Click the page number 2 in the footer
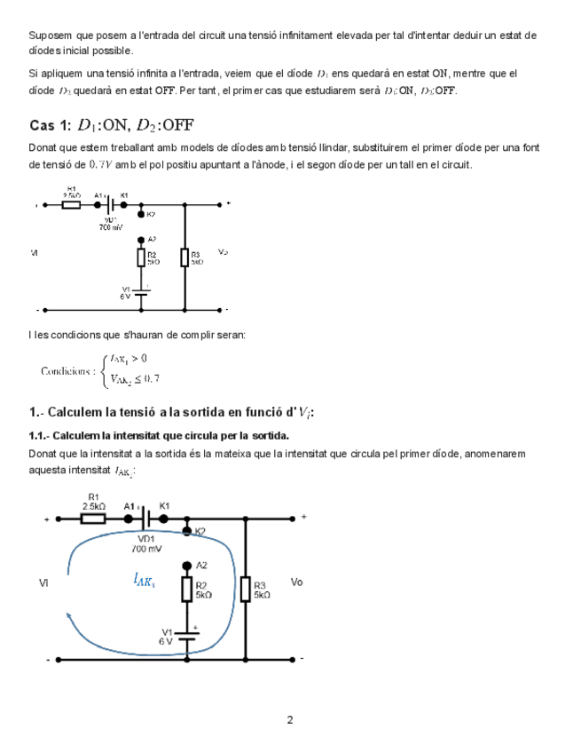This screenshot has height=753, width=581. tap(290, 719)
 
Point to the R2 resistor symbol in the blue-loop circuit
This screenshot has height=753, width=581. tap(187, 590)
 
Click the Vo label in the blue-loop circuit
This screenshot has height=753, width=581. tap(297, 583)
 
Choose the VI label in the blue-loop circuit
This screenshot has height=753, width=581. tap(44, 583)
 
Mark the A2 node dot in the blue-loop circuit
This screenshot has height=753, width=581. tap(187, 565)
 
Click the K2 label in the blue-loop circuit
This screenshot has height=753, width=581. tap(200, 531)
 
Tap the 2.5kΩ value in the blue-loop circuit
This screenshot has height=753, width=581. tap(93, 506)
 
